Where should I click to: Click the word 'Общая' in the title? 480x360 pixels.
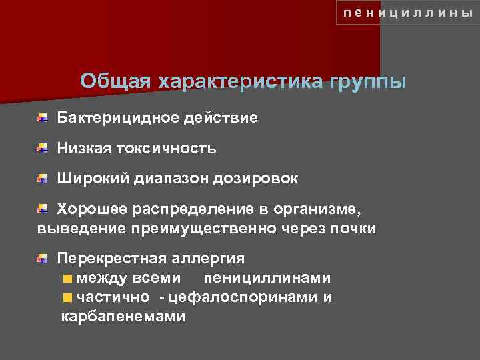point(116,82)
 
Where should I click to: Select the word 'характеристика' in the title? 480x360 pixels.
point(240,82)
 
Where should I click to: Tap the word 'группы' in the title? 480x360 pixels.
point(367,82)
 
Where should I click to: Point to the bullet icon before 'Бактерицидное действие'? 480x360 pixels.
point(42,118)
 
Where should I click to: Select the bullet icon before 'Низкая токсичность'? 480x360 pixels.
point(42,149)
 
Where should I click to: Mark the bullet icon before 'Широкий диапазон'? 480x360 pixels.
point(42,179)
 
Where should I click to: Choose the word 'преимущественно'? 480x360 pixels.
point(216,229)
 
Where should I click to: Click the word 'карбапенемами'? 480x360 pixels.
point(123,317)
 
